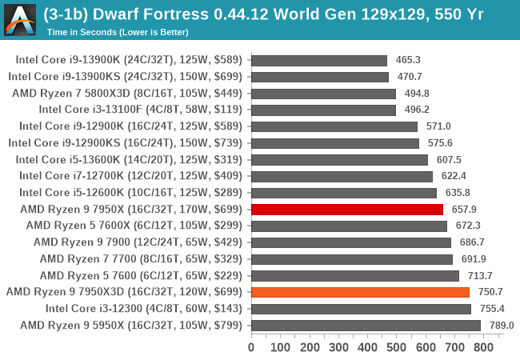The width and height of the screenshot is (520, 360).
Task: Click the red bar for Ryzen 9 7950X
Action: (347, 210)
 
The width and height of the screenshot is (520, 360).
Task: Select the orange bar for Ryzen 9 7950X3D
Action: (360, 292)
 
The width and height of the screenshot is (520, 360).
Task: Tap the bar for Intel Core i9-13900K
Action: (319, 60)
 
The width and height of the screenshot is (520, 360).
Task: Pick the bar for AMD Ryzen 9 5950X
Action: (366, 326)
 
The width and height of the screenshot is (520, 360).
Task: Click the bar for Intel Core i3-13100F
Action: (323, 110)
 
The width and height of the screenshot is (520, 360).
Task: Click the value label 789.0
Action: (501, 326)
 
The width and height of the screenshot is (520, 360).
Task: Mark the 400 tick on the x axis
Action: (367, 347)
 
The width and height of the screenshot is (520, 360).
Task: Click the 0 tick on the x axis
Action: (251, 347)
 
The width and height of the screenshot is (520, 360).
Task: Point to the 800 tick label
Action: (483, 347)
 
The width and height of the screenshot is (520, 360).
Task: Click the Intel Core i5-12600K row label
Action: (133, 193)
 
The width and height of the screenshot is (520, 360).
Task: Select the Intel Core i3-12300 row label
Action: (146, 309)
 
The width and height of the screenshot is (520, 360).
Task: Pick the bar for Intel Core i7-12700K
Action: (342, 176)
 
